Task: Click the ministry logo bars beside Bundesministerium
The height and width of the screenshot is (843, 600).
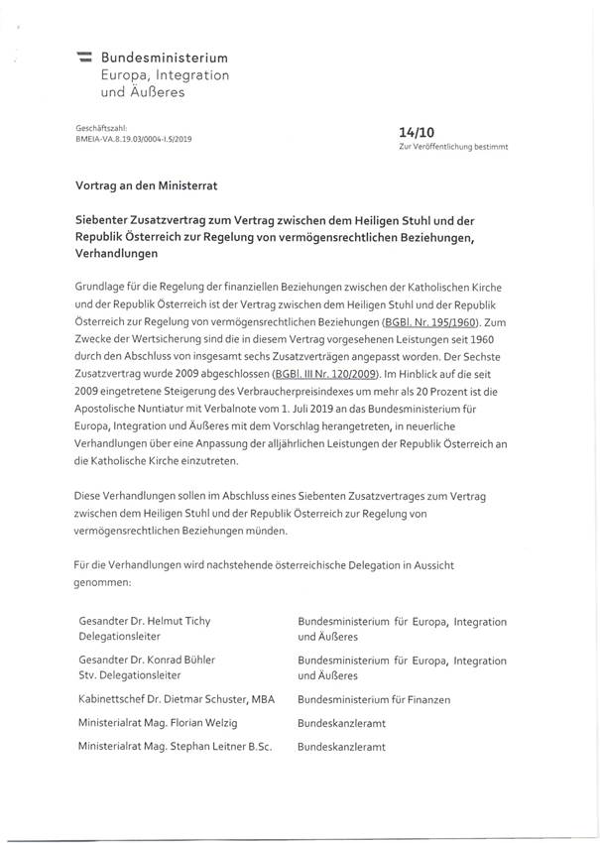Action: [84, 60]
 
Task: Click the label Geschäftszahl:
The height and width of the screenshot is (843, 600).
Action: [96, 129]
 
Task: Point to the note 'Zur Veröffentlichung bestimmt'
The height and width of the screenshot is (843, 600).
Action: [452, 146]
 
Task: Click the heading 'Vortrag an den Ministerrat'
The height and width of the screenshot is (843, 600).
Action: [146, 185]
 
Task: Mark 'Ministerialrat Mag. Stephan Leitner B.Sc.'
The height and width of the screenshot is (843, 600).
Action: [174, 746]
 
